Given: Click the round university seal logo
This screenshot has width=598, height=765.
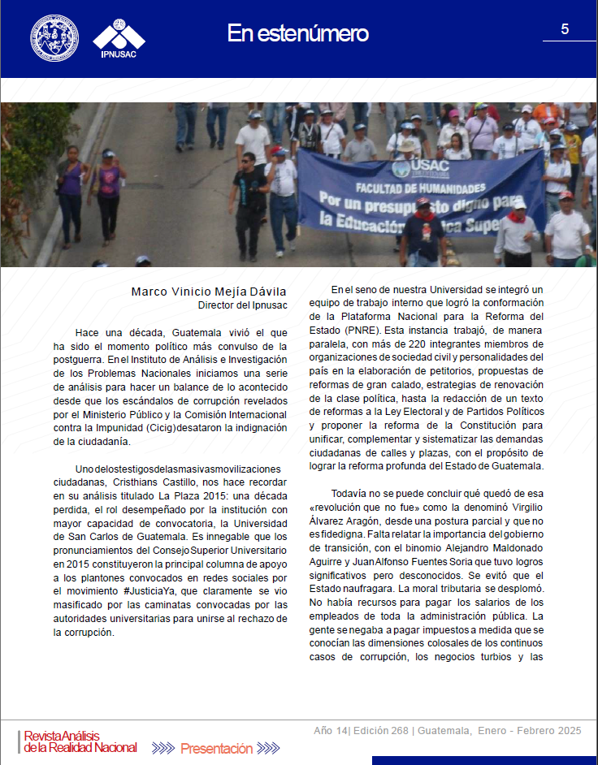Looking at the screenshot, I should (x=54, y=37).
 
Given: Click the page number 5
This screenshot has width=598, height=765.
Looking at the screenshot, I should (x=565, y=29).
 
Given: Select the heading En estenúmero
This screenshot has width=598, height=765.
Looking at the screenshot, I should (x=297, y=33).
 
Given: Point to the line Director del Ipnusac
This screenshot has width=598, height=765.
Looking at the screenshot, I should (x=242, y=305).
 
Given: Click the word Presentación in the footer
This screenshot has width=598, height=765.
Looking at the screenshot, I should (x=217, y=748).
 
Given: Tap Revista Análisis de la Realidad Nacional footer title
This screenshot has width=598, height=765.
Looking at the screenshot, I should (x=80, y=741).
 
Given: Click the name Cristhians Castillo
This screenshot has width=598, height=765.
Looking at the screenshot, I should (x=184, y=482).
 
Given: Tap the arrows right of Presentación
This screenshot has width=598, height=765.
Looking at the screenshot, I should (x=269, y=748).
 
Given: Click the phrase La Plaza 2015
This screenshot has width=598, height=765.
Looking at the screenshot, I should (x=188, y=495).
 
